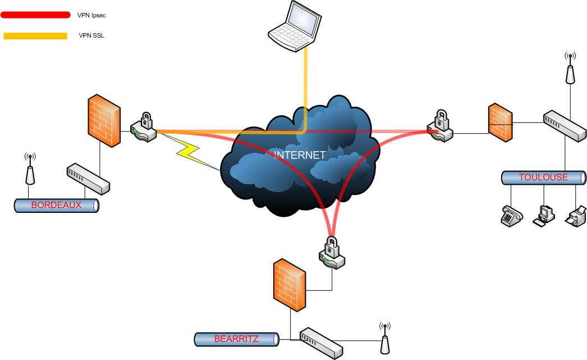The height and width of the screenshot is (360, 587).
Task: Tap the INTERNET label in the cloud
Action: click(x=300, y=155)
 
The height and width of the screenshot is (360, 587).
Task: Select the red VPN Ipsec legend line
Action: click(x=35, y=15)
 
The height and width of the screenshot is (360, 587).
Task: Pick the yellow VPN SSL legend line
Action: click(x=35, y=36)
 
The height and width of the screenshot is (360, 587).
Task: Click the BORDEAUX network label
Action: click(x=56, y=205)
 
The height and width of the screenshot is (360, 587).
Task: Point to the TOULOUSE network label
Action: click(x=543, y=177)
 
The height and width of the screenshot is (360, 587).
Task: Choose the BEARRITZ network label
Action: click(x=236, y=339)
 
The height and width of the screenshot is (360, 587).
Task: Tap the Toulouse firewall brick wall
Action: click(x=499, y=122)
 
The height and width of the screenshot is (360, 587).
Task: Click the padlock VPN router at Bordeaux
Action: click(x=143, y=128)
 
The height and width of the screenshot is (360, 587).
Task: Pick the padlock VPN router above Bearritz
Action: click(x=332, y=253)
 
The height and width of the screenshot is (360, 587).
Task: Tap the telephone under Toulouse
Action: click(x=511, y=215)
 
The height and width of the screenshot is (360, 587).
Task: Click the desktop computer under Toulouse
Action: click(x=544, y=215)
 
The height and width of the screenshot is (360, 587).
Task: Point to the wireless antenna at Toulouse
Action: click(x=570, y=68)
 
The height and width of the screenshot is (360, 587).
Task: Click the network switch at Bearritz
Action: click(x=320, y=341)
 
